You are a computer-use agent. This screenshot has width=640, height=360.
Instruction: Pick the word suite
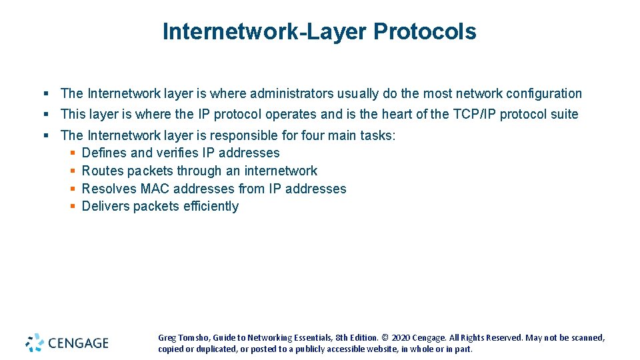(563, 114)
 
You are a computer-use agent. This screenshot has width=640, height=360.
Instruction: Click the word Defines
(104, 153)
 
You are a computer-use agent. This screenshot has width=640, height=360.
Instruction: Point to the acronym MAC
(155, 189)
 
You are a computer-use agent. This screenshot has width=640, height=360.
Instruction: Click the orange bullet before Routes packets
(73, 171)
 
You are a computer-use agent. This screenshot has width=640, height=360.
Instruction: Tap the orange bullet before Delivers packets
(73, 207)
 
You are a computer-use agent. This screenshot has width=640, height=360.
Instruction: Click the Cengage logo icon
(35, 343)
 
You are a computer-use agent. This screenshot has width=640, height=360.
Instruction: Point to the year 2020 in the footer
(403, 338)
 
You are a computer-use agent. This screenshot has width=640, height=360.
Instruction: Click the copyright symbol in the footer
(385, 338)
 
